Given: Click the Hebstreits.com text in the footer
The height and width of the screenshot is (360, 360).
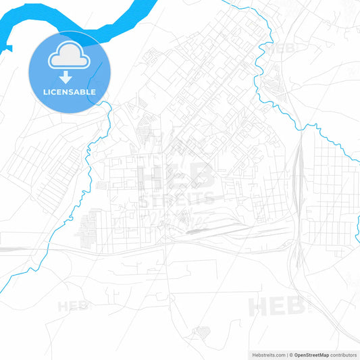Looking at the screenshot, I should (x=267, y=355).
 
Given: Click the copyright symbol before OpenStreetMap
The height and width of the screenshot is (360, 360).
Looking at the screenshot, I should (x=290, y=355).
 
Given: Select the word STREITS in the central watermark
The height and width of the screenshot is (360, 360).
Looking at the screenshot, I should (x=177, y=200).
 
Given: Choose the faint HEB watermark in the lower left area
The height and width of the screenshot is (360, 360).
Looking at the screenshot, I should (x=73, y=306).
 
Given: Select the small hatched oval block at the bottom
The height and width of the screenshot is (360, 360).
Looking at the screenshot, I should (x=201, y=332).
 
